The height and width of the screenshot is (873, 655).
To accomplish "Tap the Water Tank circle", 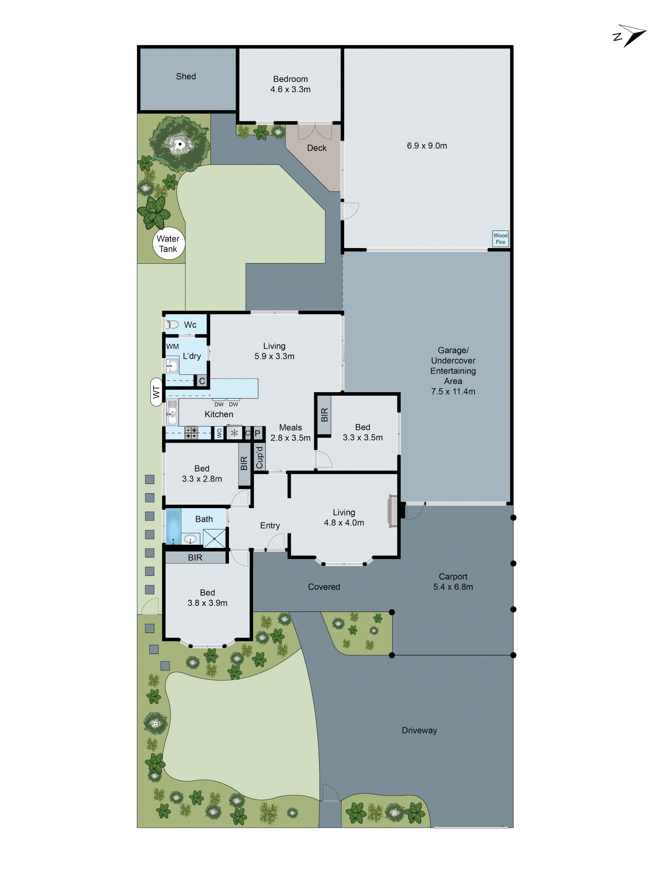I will click(169, 244).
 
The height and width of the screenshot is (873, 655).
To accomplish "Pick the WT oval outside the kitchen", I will click(156, 392).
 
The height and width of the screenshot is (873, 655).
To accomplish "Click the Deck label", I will click(317, 148).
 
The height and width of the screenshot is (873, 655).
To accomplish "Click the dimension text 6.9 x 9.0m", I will click(427, 146).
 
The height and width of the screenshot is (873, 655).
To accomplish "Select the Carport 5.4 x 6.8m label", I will click(453, 582).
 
